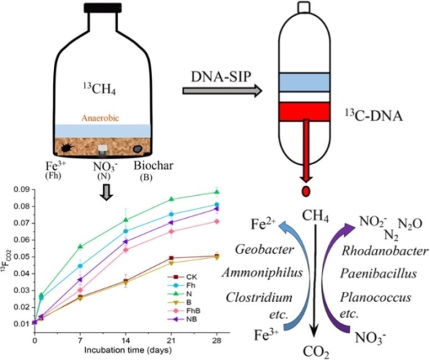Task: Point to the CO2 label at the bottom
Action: (313, 351)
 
